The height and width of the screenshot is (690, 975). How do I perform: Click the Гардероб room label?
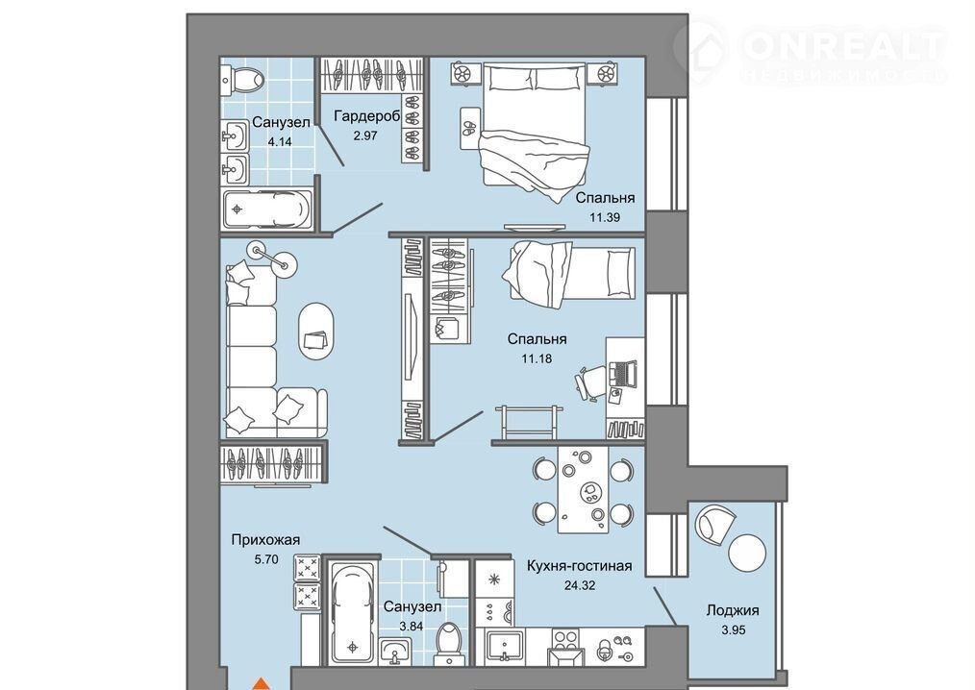(x=366, y=116)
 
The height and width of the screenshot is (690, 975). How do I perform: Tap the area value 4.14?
(x=280, y=141)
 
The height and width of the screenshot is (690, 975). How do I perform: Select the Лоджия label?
(x=733, y=610)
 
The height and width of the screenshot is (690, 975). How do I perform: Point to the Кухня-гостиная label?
(x=579, y=566)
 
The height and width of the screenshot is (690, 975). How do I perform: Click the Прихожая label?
(x=265, y=539)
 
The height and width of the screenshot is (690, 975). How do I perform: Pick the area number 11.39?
(x=605, y=217)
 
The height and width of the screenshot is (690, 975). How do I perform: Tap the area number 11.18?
(x=537, y=358)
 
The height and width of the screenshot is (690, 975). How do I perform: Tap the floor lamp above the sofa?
(x=272, y=257)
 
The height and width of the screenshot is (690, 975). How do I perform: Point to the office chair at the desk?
(x=590, y=381)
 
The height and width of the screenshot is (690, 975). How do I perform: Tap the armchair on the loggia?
(x=715, y=524)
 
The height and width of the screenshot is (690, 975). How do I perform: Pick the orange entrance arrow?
(x=262, y=683)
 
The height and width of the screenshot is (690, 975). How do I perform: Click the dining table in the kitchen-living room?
(x=583, y=489)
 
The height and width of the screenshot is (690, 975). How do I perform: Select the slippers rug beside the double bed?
(x=469, y=128)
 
